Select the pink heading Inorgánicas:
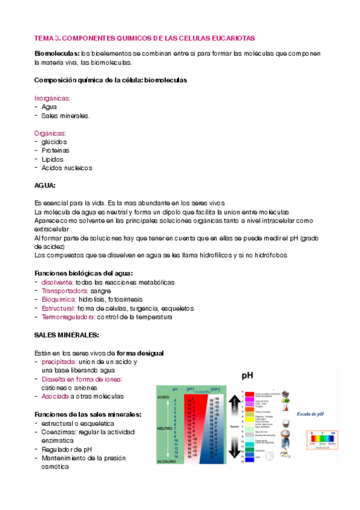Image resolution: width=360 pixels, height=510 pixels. [52, 97]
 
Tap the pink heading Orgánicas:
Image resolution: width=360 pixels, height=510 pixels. [50, 133]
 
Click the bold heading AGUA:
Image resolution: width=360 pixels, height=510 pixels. [45, 186]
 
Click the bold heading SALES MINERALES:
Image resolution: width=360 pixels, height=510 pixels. [67, 334]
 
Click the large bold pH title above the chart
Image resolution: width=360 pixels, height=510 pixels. [248, 376]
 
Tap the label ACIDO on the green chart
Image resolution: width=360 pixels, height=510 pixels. [164, 398]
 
